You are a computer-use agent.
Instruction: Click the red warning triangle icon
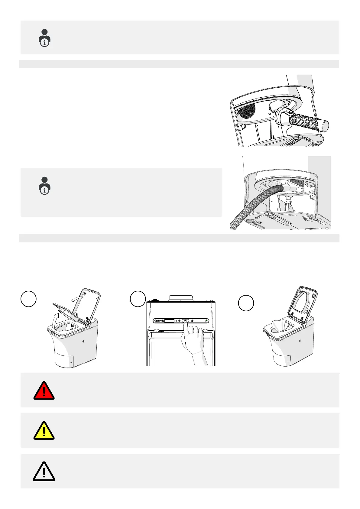tap(44, 391)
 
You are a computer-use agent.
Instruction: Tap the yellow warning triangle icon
tap(44, 431)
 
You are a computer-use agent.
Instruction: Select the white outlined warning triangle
tap(44, 472)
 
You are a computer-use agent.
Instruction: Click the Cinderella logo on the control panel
tap(159, 320)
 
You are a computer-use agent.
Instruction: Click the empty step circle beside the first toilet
tap(29, 299)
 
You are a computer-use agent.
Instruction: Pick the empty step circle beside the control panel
tap(138, 299)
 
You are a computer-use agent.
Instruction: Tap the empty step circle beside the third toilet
tap(246, 303)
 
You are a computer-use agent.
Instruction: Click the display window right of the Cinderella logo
tap(170, 321)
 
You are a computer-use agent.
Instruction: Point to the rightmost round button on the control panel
tap(207, 321)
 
